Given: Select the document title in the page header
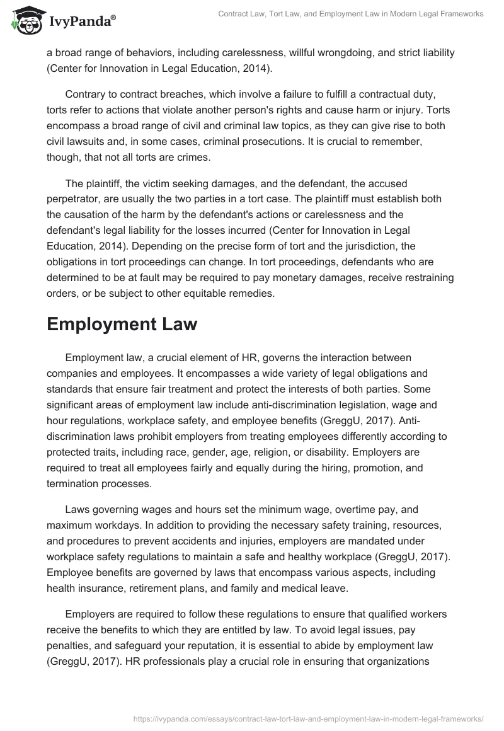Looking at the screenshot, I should pyautogui.click(x=351, y=14).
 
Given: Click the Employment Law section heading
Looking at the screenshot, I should pyautogui.click(x=122, y=324).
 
